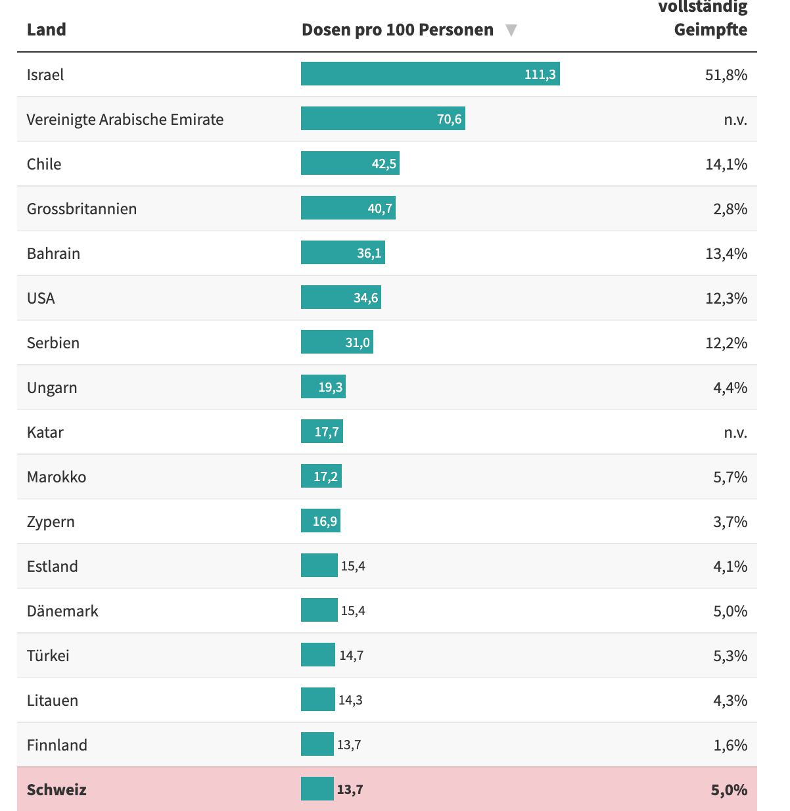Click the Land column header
tap(46, 30)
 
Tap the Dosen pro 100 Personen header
tap(397, 30)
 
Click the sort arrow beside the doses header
tap(511, 30)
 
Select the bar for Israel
tap(430, 74)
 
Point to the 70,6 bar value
tap(449, 119)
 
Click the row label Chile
tap(44, 164)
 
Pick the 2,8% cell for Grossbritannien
tap(730, 209)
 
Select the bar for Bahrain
tap(342, 252)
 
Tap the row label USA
tap(41, 298)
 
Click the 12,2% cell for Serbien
tap(726, 342)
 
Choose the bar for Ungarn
tap(323, 386)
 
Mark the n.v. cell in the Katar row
tap(735, 432)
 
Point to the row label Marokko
tap(57, 476)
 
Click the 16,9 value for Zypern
tap(325, 521)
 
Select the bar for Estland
tap(319, 565)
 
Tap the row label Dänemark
tap(62, 611)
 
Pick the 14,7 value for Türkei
tap(351, 655)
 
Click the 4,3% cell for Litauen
tap(730, 700)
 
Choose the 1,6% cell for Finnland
tap(730, 745)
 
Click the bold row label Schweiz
tap(57, 789)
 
